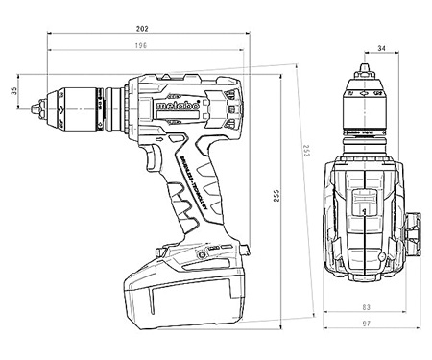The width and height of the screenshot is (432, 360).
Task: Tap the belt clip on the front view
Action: pyautogui.click(x=415, y=229)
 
